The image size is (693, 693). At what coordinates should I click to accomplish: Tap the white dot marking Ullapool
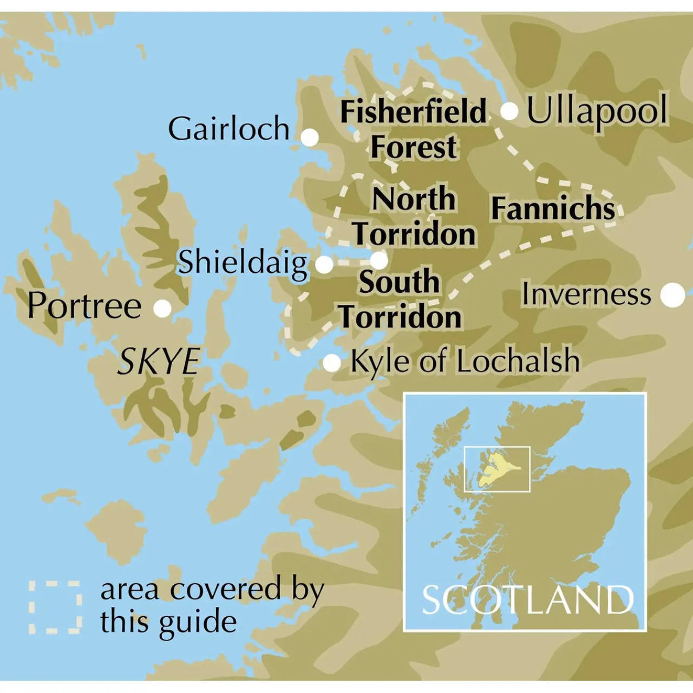[x=509, y=112]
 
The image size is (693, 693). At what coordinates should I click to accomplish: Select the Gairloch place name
[x=228, y=129]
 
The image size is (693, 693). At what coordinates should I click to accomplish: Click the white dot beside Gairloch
[x=310, y=138]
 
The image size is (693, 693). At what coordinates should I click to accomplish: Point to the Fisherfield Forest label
[x=414, y=129]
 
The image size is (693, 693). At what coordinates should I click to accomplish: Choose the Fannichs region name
[x=553, y=208]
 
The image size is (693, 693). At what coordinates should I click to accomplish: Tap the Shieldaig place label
[x=243, y=263]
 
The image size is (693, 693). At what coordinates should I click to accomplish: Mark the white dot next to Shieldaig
[x=324, y=265]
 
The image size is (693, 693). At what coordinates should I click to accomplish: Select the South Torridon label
[x=400, y=299]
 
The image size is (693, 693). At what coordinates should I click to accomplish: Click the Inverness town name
[x=586, y=295]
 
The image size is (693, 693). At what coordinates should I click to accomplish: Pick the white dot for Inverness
[x=673, y=295]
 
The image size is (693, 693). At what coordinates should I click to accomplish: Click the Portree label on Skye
[x=84, y=306]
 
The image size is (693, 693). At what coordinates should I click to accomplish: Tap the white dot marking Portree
[x=162, y=309]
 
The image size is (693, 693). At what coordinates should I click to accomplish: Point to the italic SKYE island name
[x=159, y=362]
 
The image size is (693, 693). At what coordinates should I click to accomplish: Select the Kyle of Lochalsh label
[x=465, y=362]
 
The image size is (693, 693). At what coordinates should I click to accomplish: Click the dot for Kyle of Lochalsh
[x=331, y=363]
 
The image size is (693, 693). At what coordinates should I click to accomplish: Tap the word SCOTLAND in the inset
[x=527, y=600]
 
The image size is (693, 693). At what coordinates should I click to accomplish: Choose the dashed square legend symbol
[x=55, y=607]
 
